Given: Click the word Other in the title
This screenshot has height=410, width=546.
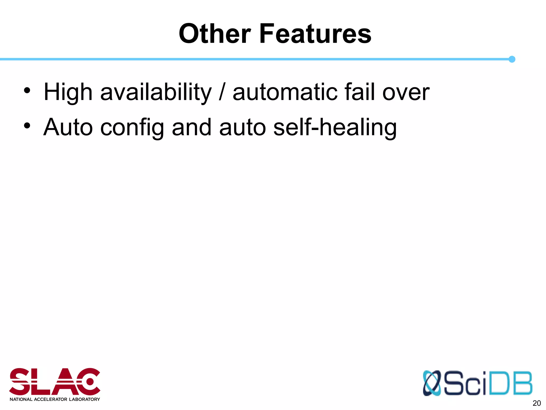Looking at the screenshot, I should [x=215, y=34].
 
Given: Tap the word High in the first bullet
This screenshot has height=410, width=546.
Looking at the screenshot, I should [x=68, y=92].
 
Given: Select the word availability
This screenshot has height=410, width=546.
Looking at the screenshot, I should [x=156, y=92].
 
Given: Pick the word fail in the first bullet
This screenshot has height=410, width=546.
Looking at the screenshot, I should [x=359, y=92].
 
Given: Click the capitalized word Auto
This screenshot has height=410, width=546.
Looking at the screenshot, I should [x=68, y=128].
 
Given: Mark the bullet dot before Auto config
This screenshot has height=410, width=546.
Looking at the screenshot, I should [x=27, y=125].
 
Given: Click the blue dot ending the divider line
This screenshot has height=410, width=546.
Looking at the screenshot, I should [x=512, y=59].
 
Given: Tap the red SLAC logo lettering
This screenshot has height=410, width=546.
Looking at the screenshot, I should [x=55, y=382].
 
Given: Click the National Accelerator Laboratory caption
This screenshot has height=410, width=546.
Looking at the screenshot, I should [x=55, y=399].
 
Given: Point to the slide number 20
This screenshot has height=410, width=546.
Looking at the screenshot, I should [x=536, y=403].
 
